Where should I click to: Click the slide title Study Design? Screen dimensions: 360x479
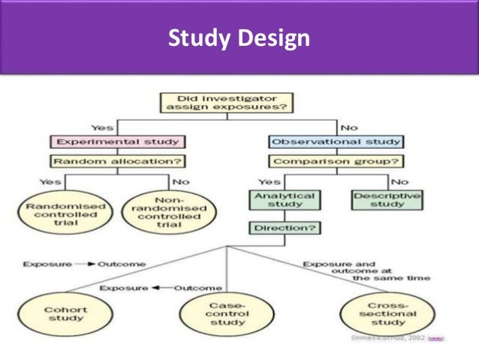239,38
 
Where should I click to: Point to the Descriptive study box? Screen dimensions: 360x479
387,199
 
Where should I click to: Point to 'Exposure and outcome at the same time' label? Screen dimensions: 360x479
366,271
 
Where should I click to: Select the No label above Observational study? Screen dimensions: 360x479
349,126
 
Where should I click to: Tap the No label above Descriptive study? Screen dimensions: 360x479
399,181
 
